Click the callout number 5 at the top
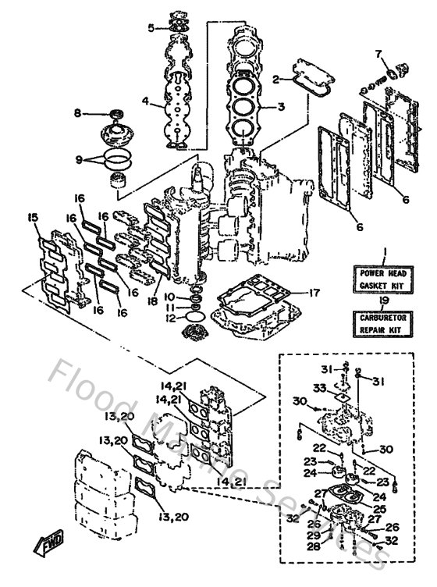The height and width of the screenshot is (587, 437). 151,28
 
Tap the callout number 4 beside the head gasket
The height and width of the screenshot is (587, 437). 145,101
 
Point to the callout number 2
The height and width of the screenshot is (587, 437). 275,79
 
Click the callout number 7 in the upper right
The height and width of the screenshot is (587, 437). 378,54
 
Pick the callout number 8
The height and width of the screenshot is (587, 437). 77,113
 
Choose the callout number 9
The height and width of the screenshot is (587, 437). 78,160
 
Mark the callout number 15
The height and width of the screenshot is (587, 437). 31,216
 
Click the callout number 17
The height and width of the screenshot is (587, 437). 314,293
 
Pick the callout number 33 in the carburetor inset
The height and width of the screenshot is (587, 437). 319,388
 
